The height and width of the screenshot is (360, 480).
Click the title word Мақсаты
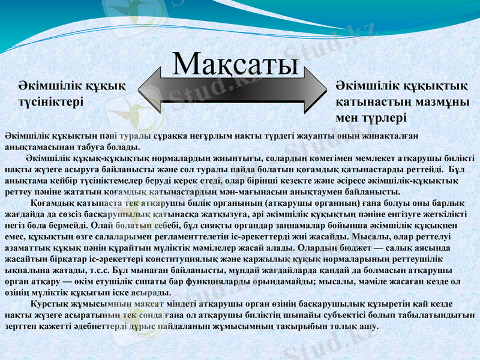[x=235, y=64]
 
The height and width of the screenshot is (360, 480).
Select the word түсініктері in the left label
[x=50, y=103]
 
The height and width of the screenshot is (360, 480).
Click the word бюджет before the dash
[x=350, y=248]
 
